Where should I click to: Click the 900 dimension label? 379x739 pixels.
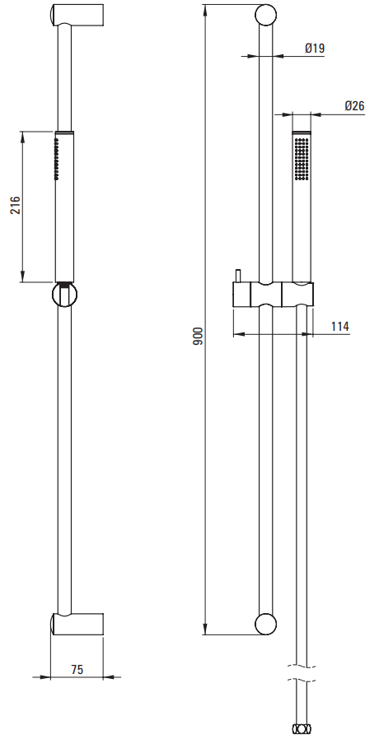coord(198,336)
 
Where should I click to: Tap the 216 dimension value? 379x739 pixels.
coord(16,205)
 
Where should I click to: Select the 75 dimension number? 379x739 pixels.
coord(77,669)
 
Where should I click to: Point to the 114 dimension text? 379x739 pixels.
coord(339,326)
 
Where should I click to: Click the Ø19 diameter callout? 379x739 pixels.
coord(315,48)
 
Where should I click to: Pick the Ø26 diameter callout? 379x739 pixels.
coord(354,105)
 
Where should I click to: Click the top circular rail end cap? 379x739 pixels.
coord(266,15)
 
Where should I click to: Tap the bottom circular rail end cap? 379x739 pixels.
coord(266,624)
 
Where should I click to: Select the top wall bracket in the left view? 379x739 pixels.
coord(77,15)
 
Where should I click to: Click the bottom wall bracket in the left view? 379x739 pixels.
coord(77,625)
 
